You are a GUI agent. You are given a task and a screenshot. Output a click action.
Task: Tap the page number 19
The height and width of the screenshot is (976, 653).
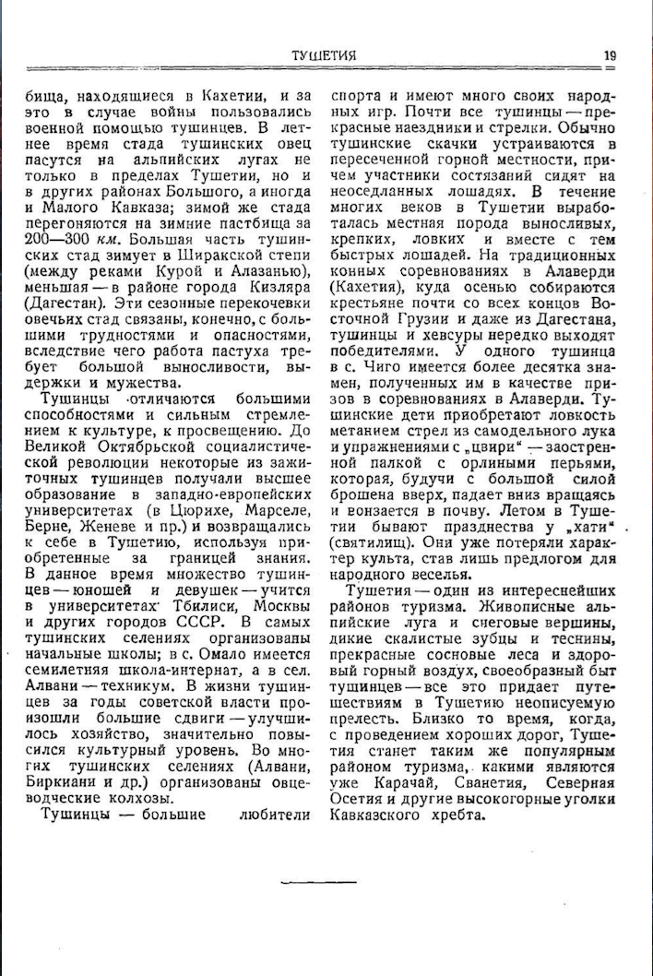(610, 55)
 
